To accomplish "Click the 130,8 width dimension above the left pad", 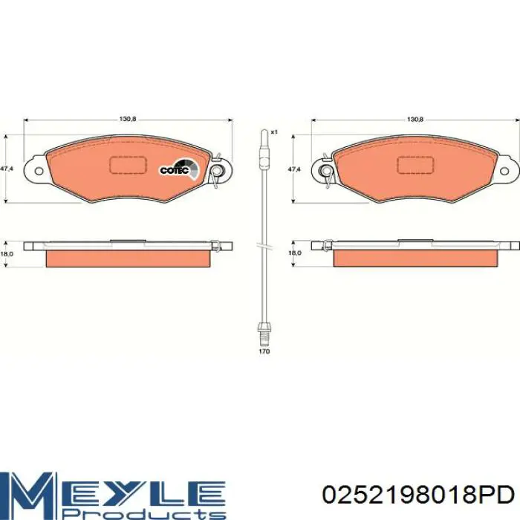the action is pyautogui.click(x=128, y=120).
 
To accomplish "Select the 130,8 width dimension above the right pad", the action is pyautogui.click(x=415, y=120).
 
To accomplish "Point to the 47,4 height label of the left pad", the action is pyautogui.click(x=6, y=169).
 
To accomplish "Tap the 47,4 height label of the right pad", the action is pyautogui.click(x=294, y=169).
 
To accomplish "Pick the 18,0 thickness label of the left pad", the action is pyautogui.click(x=6, y=253).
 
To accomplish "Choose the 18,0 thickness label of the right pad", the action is pyautogui.click(x=294, y=253).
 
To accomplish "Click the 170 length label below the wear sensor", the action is pyautogui.click(x=264, y=351).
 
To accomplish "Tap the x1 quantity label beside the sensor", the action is pyautogui.click(x=273, y=132).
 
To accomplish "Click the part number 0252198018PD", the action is pyautogui.click(x=418, y=495).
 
